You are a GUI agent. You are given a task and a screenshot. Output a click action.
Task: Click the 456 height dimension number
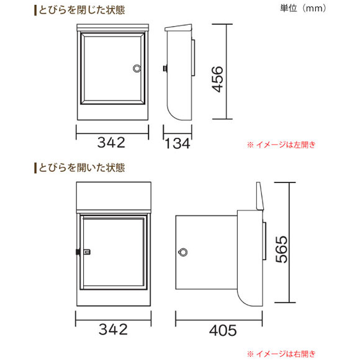pos(217,79)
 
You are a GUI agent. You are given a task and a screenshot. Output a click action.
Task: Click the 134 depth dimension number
pos(178,143)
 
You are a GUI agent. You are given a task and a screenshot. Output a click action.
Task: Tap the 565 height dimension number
pos(281,250)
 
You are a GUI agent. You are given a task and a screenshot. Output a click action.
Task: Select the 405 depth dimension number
pos(223,331)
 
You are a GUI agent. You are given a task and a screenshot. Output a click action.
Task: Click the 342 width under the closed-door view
pos(111,142)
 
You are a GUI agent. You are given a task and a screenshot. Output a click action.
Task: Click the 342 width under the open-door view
pos(113,329)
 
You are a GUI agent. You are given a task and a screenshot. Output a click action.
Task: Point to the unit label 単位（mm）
pos(303,8)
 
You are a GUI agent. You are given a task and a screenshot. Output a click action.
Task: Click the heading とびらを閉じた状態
pos(82,10)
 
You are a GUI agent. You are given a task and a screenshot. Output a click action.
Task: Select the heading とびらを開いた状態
pos(82,168)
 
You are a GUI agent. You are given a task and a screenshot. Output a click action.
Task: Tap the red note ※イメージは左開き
pos(281,145)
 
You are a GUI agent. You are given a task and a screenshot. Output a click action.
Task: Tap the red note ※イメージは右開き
pos(281,354)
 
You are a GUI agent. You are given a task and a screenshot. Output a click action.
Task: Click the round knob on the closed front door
pos(137,68)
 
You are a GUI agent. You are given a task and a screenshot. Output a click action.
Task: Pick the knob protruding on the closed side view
pos(165,68)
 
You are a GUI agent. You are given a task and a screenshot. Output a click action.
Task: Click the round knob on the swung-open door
pos(182,253)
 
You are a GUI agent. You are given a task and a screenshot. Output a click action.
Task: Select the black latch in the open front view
pos(78,252)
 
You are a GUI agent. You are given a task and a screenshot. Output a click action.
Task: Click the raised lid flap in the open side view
pos(260,196)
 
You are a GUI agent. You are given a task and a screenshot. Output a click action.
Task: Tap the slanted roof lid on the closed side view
pos(178,27)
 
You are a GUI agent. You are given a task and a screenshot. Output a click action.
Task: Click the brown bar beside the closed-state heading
pos(35,11)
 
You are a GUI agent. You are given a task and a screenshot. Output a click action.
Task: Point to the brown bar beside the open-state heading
pos(35,168)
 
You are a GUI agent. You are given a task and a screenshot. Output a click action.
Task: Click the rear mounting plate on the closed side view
pos(193,58)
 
